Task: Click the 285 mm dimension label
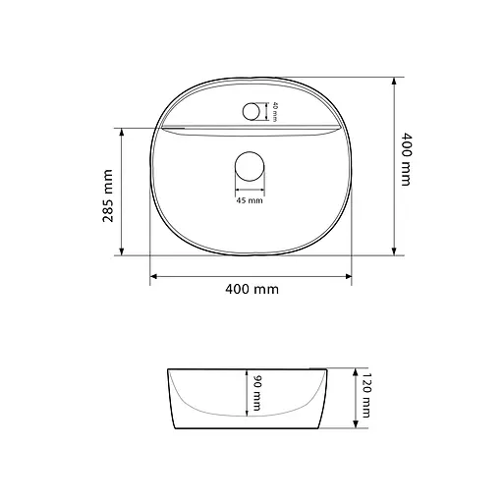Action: (x=108, y=196)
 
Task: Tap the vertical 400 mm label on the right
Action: (x=406, y=159)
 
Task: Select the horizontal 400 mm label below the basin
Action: (x=251, y=289)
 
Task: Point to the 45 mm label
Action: (x=250, y=200)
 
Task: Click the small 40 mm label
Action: (x=275, y=112)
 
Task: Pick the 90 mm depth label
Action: (x=257, y=393)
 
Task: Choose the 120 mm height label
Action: (x=365, y=395)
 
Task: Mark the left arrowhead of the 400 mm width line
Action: (x=153, y=276)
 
